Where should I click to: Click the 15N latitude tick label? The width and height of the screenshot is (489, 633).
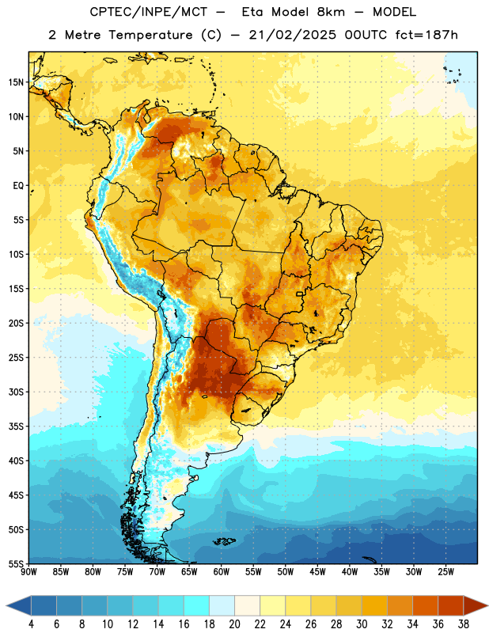pos(16,82)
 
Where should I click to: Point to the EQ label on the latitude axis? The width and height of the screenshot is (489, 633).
pos(18,186)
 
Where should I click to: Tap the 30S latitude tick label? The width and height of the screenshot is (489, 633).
pos(16,392)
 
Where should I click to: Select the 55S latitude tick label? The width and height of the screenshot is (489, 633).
pos(16,563)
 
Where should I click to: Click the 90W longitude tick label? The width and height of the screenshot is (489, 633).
pos(29,572)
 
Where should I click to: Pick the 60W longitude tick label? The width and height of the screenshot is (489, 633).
pos(222,572)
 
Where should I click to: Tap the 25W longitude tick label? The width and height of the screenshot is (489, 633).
pos(445,572)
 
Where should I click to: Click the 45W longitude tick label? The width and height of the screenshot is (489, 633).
pos(317,572)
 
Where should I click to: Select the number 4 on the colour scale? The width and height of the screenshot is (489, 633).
pos(31,624)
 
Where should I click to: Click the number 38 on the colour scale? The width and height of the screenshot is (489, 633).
pos(463,624)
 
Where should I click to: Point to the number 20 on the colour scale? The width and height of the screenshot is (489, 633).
pos(234,624)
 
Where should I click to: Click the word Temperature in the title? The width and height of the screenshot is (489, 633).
pos(150,35)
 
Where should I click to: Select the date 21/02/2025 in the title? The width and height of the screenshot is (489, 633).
pos(292,35)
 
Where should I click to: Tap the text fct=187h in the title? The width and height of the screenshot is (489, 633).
pos(426,35)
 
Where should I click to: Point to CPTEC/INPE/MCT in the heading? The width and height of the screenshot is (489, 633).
pos(148,12)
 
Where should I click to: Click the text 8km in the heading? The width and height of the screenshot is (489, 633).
pos(331,12)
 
